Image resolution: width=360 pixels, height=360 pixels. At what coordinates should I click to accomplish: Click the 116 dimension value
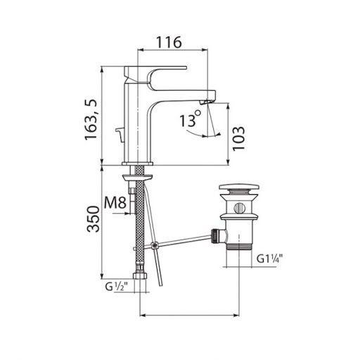point(169,42)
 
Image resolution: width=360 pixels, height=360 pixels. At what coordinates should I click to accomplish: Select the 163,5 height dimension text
point(91,120)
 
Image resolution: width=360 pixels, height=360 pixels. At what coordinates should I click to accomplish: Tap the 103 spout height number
point(238,139)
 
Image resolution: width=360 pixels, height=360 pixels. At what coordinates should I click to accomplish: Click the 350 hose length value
point(94,219)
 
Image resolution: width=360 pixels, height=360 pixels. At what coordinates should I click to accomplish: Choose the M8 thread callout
point(115,202)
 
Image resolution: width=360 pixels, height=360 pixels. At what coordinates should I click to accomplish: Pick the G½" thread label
point(116,286)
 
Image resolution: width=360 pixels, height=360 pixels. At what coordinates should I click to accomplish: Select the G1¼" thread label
point(269,259)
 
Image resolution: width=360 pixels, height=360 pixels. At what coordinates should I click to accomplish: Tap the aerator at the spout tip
point(206,102)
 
